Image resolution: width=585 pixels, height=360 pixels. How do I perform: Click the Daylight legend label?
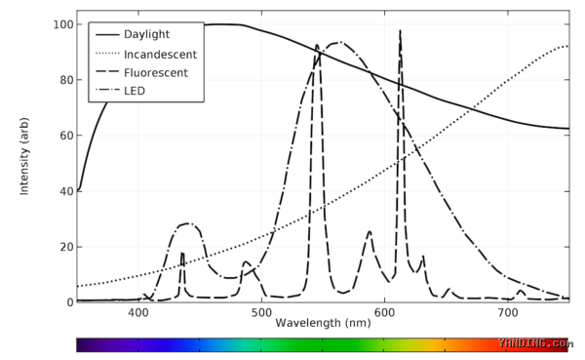point(146,34)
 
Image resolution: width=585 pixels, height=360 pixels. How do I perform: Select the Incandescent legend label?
point(160,55)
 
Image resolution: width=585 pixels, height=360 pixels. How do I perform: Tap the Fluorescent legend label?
point(156,73)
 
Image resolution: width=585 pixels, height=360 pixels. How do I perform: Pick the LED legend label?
point(135,91)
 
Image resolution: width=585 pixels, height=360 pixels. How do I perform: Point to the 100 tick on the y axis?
point(63,24)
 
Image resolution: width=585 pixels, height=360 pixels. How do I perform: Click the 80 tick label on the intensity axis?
point(66,80)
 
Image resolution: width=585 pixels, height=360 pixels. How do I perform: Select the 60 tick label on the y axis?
point(66,136)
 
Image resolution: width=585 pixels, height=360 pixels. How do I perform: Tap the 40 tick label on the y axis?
point(66,191)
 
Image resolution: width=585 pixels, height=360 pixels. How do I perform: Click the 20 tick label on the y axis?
point(66,247)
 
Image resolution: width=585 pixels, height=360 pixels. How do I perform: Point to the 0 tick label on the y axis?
point(70,302)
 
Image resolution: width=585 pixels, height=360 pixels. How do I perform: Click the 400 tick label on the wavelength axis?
point(138,312)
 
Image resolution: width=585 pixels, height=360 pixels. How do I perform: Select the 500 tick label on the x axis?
point(261,312)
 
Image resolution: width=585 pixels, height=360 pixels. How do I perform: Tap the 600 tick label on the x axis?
point(384,312)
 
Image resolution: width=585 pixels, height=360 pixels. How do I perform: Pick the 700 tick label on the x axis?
point(508,312)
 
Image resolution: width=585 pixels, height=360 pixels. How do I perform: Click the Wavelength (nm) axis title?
point(323,323)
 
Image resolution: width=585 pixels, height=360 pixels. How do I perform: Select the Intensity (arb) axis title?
point(24,156)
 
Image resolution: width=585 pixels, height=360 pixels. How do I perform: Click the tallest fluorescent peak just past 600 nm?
point(400,32)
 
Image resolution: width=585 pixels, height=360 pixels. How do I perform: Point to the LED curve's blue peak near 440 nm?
point(187,223)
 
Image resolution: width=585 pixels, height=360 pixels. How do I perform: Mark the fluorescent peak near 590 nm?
point(370,232)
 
